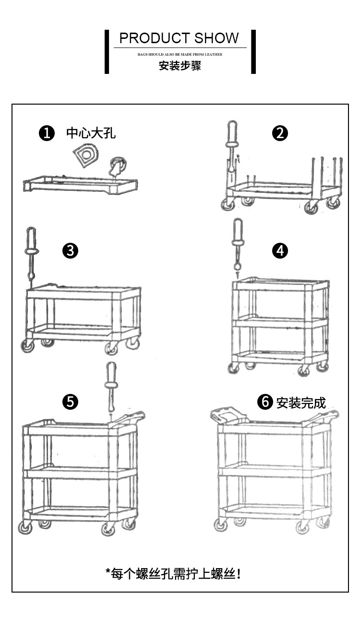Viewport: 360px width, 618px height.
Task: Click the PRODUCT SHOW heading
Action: pos(179,38)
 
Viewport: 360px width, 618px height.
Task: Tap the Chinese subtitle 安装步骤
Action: pos(180,66)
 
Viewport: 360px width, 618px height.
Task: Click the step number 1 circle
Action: pos(47,133)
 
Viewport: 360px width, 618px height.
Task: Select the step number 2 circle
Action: pos(280,133)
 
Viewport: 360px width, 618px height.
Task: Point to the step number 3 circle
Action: pos(70,250)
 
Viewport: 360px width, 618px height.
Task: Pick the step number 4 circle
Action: pos(280,250)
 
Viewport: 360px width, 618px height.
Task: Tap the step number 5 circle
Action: pos(70,402)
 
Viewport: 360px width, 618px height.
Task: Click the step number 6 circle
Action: pos(265,402)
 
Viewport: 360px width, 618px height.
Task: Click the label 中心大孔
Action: pos(91,133)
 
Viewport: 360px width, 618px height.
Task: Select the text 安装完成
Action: pos(301,402)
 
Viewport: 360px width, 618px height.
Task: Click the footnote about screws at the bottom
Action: pos(173,573)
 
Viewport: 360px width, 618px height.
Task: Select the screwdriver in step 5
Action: pos(111,384)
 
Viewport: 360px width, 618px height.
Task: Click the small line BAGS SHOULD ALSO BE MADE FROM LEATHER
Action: pos(180,55)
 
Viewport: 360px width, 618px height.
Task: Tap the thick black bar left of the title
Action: pos(107,52)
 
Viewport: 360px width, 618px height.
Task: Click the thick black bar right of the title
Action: pos(253,52)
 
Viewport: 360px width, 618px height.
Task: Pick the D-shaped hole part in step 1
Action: pos(85,155)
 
